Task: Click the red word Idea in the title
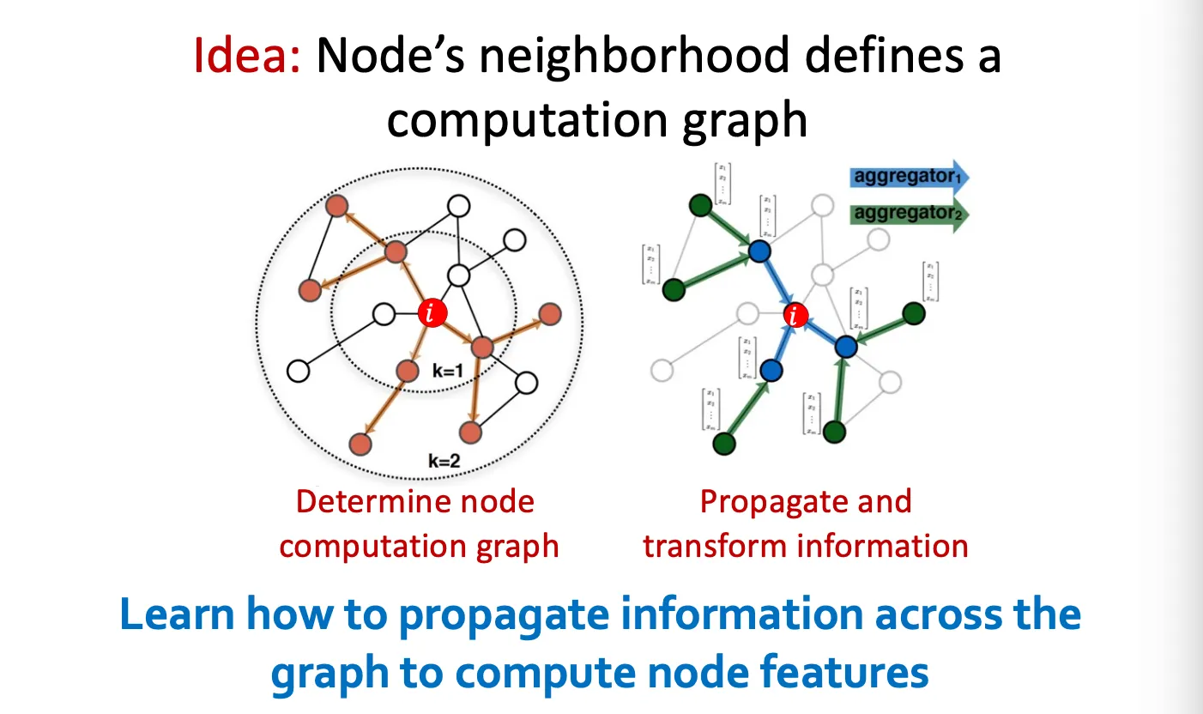coord(245,57)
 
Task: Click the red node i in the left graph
coord(432,313)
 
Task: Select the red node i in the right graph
coord(796,316)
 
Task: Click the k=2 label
coord(444,461)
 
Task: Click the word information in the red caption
coord(871,546)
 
